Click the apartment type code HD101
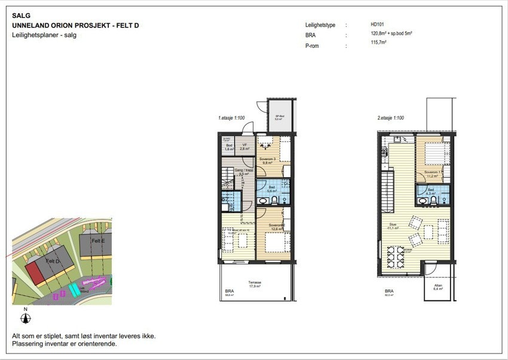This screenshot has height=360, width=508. (378, 25)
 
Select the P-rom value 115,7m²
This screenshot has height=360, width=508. (378, 43)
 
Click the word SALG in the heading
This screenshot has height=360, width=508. (20, 16)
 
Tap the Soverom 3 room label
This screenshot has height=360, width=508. (267, 160)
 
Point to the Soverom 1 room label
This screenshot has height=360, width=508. (432, 173)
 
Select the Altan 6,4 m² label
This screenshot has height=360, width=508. (437, 287)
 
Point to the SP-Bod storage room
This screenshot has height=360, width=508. (278, 118)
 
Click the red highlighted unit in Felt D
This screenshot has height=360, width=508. (34, 274)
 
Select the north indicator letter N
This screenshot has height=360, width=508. (25, 309)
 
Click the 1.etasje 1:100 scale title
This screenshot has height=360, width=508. (231, 118)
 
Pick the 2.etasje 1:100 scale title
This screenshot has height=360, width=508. (390, 118)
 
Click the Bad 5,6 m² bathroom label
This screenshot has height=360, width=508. (271, 188)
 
